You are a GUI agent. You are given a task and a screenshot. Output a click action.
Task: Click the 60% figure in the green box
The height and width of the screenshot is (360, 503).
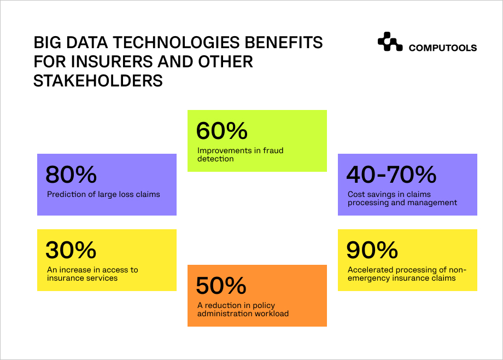[221, 131]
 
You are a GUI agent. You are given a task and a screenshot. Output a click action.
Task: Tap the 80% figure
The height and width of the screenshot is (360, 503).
[71, 175]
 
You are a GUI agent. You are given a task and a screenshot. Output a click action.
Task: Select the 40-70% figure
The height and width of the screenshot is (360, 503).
[391, 175]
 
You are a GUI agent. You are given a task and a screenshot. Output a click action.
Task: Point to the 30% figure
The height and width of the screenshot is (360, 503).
[71, 250]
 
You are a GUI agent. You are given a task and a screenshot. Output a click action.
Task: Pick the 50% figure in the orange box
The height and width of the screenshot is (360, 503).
[221, 286]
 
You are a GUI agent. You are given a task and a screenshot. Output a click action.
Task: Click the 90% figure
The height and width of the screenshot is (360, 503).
[372, 250]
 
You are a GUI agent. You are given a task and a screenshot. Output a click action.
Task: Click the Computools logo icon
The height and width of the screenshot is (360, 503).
[390, 42]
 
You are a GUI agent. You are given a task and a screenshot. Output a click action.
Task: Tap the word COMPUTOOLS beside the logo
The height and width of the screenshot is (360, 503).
[443, 48]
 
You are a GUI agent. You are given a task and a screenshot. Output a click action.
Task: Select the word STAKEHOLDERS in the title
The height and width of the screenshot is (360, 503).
[98, 80]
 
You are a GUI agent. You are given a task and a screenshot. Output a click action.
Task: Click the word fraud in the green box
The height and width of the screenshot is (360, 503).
[273, 150]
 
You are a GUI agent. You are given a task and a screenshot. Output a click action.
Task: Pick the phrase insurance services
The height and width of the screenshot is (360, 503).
[83, 278]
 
